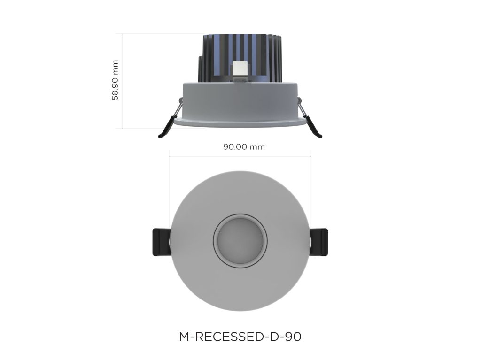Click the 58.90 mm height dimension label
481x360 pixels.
pyautogui.click(x=115, y=80)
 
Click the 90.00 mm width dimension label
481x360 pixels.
pyautogui.click(x=244, y=147)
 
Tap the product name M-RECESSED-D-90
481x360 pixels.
pyautogui.click(x=240, y=337)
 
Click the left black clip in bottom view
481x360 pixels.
pyautogui.click(x=160, y=242)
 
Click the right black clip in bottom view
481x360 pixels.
pyautogui.click(x=320, y=242)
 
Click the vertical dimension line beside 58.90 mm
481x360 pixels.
pyautogui.click(x=123, y=81)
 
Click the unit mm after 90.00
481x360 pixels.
pyautogui.click(x=257, y=147)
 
